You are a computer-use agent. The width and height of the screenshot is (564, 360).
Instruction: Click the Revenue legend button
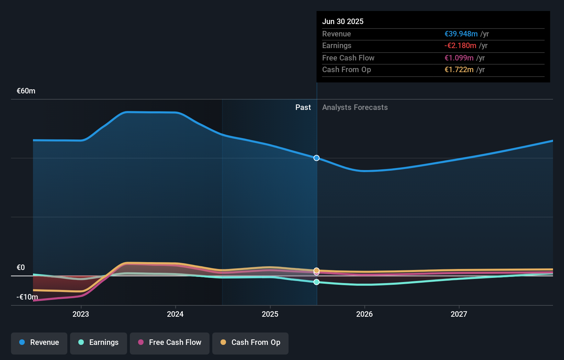pyautogui.click(x=39, y=342)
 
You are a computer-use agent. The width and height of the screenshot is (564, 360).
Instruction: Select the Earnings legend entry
pyautogui.click(x=99, y=342)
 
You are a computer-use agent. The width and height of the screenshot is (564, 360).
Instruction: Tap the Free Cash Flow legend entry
pyautogui.click(x=170, y=342)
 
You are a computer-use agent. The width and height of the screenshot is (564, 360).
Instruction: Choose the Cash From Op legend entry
pyautogui.click(x=250, y=342)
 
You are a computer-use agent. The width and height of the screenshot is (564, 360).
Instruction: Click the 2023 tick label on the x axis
pyautogui.click(x=81, y=314)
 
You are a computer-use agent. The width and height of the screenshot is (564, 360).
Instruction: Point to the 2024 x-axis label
pyautogui.click(x=175, y=314)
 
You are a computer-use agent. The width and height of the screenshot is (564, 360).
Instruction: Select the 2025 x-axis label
pyautogui.click(x=270, y=314)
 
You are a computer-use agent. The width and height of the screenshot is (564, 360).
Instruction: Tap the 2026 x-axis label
pyautogui.click(x=364, y=314)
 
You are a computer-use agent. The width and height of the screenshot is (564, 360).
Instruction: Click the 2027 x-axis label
pyautogui.click(x=459, y=314)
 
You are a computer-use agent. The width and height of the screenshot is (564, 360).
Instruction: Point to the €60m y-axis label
pyautogui.click(x=26, y=91)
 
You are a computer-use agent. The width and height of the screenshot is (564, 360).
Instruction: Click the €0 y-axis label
pyautogui.click(x=21, y=268)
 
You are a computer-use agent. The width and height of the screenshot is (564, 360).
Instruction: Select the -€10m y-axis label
pyautogui.click(x=27, y=297)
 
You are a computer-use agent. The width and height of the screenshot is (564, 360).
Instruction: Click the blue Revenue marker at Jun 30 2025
pyautogui.click(x=316, y=158)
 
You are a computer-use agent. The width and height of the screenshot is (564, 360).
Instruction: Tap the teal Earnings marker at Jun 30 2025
pyautogui.click(x=316, y=282)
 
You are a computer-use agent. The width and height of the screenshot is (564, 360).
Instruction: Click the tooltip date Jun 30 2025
pyautogui.click(x=342, y=21)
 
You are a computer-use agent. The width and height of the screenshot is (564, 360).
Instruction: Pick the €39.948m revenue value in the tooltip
pyautogui.click(x=461, y=34)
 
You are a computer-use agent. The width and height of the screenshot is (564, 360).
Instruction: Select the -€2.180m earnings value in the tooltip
pyautogui.click(x=460, y=46)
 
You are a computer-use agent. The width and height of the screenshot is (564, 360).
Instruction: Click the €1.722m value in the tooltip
pyautogui.click(x=459, y=70)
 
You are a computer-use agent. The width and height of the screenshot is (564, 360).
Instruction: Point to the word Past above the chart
pyautogui.click(x=303, y=108)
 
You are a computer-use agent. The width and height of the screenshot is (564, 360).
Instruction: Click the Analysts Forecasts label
pyautogui.click(x=355, y=108)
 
